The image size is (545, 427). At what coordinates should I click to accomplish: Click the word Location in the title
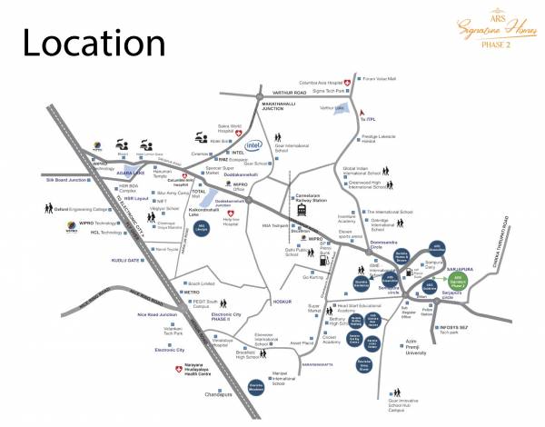coord(88,42)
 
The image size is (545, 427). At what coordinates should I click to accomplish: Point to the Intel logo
coord(254,145)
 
